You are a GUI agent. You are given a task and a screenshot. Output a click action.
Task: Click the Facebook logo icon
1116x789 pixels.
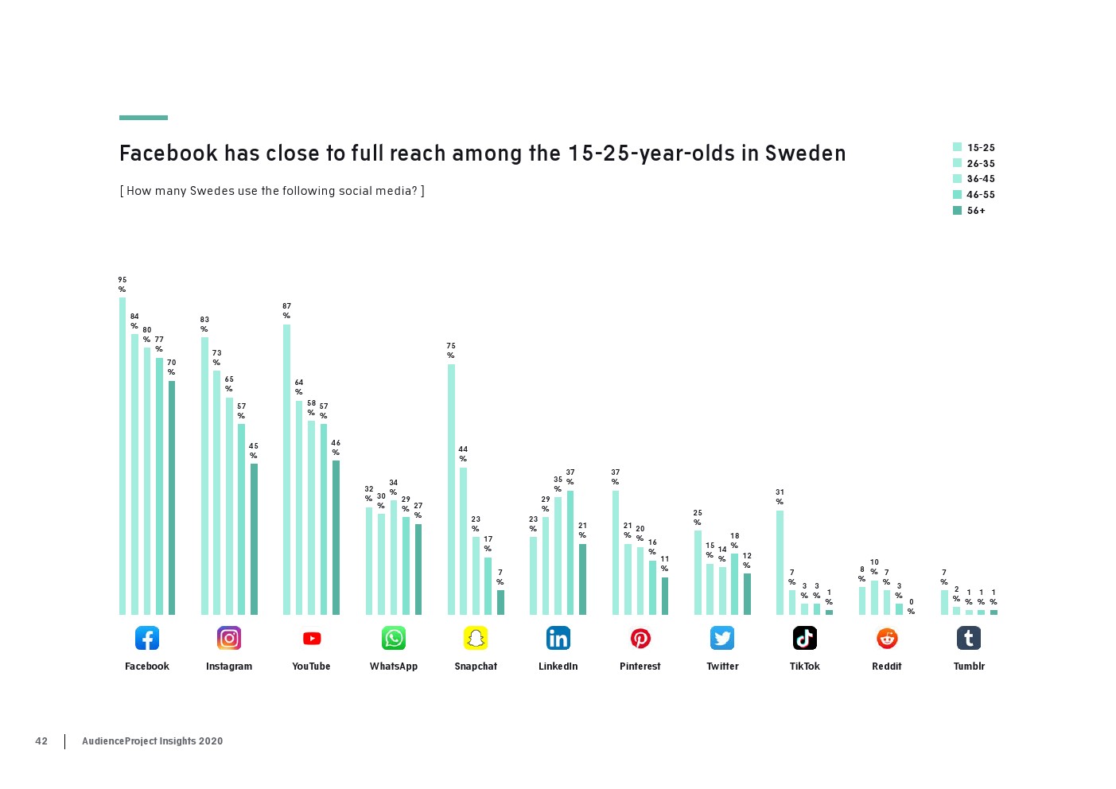coord(147,638)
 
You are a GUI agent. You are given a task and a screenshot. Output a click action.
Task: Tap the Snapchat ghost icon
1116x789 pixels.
coord(476,638)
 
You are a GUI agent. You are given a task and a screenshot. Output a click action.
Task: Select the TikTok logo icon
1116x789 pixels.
coord(804,638)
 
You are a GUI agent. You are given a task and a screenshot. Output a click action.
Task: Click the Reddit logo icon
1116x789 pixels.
coord(887,638)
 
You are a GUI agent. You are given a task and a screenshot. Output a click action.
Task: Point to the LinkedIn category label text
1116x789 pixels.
coord(558,667)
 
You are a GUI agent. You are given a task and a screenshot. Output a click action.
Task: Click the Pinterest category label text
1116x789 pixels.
coord(640,667)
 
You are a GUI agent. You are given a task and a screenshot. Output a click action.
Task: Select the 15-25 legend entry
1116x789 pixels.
coord(974,148)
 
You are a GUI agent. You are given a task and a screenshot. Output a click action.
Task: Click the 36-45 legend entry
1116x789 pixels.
coord(974,179)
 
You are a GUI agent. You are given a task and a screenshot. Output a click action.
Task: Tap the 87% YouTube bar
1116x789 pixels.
coord(286,469)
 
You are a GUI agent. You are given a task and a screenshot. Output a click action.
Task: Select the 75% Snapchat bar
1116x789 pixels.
coord(451,489)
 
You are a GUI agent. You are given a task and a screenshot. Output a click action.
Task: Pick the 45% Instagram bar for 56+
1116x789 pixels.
coord(254,539)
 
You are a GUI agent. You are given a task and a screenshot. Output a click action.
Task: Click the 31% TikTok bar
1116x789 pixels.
coord(780,562)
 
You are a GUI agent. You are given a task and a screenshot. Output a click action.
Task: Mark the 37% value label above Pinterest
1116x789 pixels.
coord(615,477)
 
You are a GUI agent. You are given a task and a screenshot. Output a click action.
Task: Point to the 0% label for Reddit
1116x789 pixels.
coord(912,607)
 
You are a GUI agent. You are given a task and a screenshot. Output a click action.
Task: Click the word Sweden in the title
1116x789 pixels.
coord(805,154)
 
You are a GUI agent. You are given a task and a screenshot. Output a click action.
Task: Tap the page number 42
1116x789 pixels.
coord(41,741)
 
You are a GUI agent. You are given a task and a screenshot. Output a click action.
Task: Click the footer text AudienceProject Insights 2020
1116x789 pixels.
coord(152,741)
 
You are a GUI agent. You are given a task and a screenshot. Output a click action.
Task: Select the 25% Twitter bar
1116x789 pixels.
coord(698,573)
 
